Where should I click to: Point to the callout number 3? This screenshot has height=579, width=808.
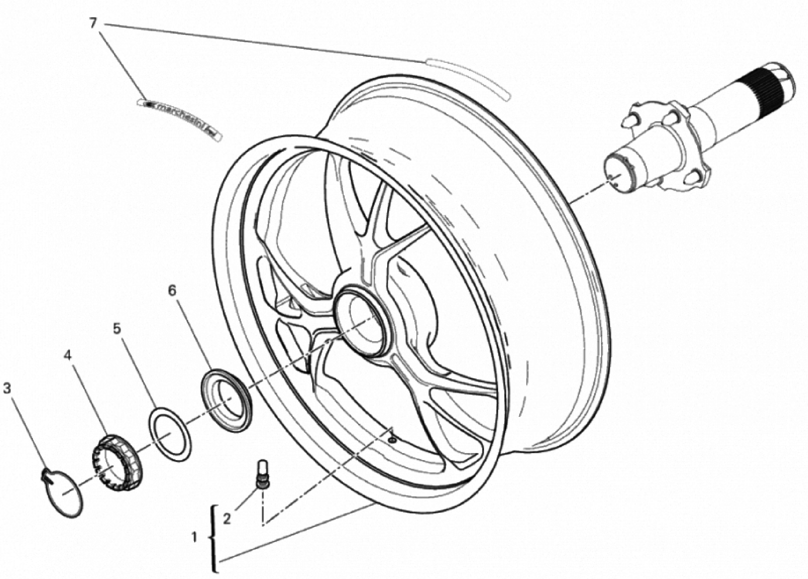7,389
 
